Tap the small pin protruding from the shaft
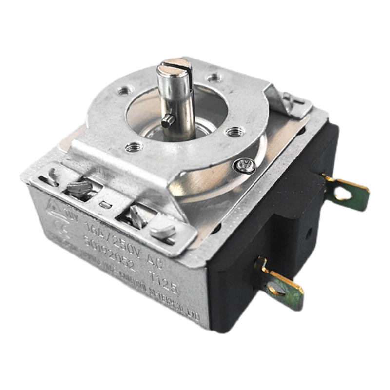(167, 121)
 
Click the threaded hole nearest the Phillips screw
(235, 131)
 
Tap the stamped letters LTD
(193, 316)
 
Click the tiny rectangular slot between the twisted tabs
(104, 205)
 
